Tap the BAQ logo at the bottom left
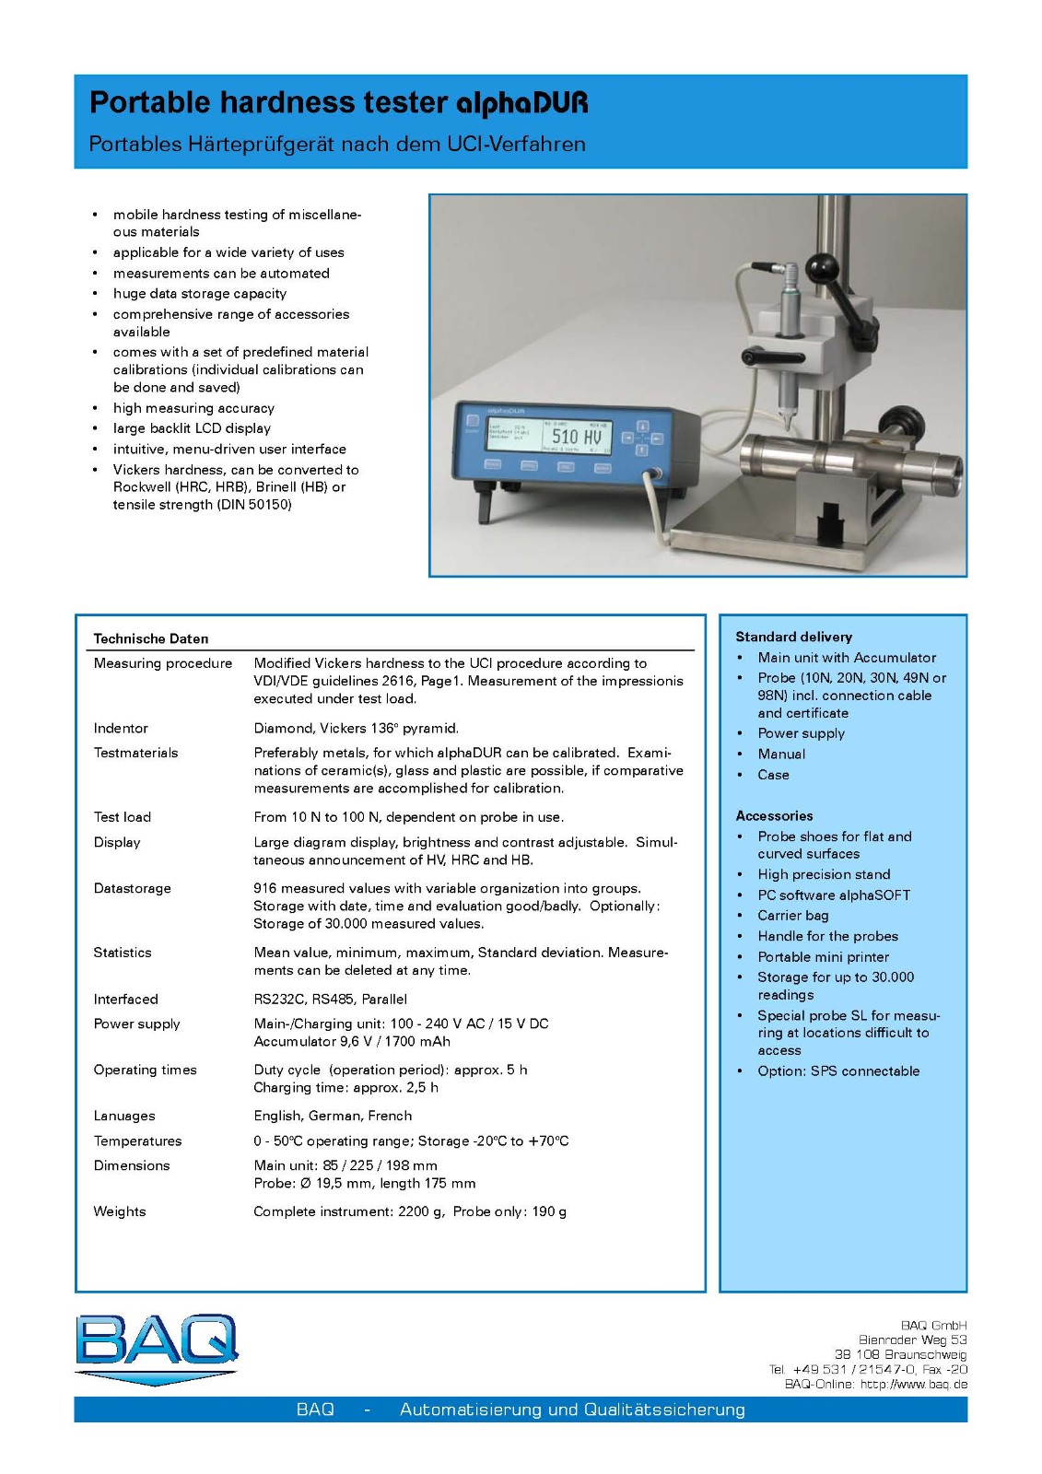point(157,1348)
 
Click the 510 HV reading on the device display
point(577,436)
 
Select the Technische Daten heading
point(151,638)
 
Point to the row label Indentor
point(121,728)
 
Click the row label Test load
point(123,817)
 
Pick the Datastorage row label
point(133,888)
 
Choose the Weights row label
point(120,1211)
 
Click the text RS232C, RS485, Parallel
point(331,999)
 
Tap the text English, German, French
point(333,1116)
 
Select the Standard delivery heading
point(793,637)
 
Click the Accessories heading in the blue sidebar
point(774,815)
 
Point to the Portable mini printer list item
point(824,957)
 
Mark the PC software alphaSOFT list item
point(834,895)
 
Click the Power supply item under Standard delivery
point(801,733)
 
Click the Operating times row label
point(146,1070)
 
